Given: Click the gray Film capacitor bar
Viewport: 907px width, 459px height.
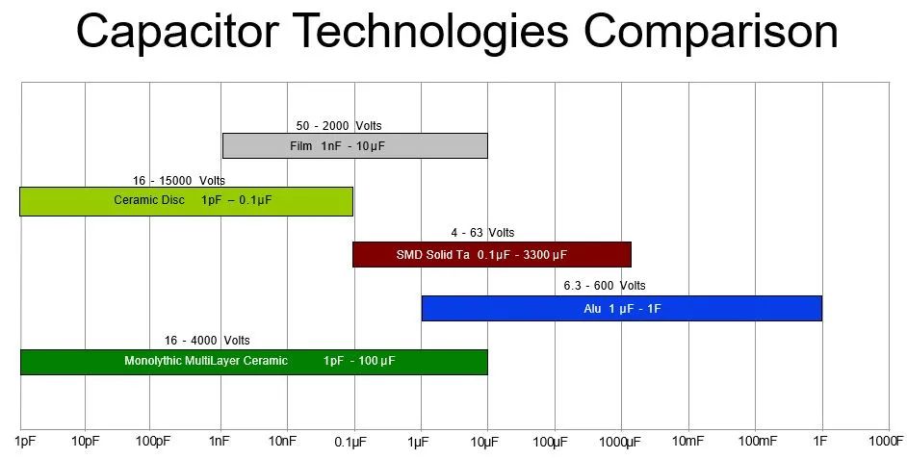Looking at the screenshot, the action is pos(355,145).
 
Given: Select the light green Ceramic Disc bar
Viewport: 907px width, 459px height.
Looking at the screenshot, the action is pos(186,201).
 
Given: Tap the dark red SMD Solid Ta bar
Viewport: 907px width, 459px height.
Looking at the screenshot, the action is pos(492,254).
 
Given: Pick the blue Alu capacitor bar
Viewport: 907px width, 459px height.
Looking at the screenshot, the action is pos(622,308).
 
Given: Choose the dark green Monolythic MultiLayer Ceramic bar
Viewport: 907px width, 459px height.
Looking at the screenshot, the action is pos(254,362).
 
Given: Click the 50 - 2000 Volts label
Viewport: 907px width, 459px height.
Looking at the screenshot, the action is pos(339,125).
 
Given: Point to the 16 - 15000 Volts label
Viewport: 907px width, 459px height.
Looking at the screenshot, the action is pos(179,181).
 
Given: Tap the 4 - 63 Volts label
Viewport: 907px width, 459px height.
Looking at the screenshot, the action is pos(482,233).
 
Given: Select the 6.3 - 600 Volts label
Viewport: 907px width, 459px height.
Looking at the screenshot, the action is pos(605,286).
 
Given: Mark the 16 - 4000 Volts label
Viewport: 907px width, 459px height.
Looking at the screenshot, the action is pos(207,341).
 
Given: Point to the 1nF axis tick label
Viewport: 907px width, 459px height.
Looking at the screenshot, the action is pos(220,442).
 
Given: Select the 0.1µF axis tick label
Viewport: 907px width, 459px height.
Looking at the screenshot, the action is pos(350,443).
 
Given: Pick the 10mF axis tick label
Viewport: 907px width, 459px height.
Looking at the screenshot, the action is pos(687,442).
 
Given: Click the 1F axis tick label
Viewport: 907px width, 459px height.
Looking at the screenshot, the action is pos(820,442).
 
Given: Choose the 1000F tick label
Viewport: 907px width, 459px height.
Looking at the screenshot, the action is pos(886,442).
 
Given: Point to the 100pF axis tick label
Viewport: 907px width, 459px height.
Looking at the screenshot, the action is pos(153,442).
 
